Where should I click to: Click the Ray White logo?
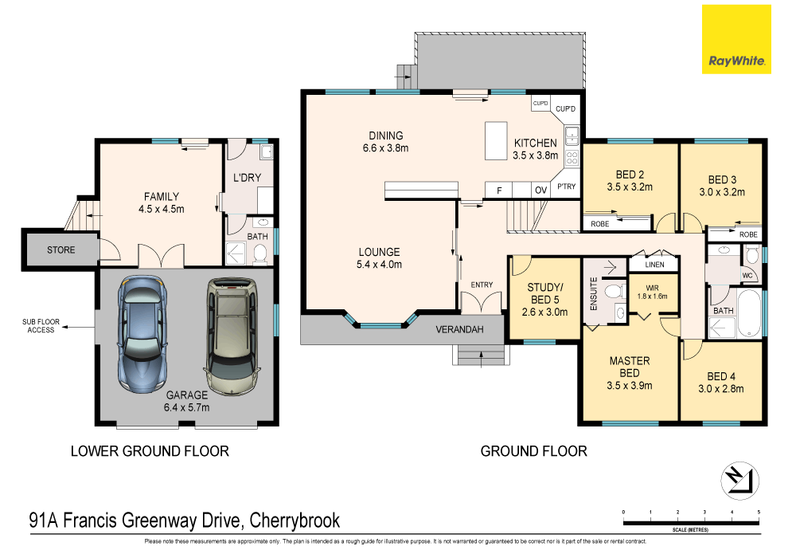736,39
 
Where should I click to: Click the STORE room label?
60,250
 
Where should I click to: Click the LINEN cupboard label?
655,264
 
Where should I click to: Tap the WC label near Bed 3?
747,276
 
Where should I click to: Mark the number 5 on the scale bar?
759,511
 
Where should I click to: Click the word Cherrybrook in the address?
295,521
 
